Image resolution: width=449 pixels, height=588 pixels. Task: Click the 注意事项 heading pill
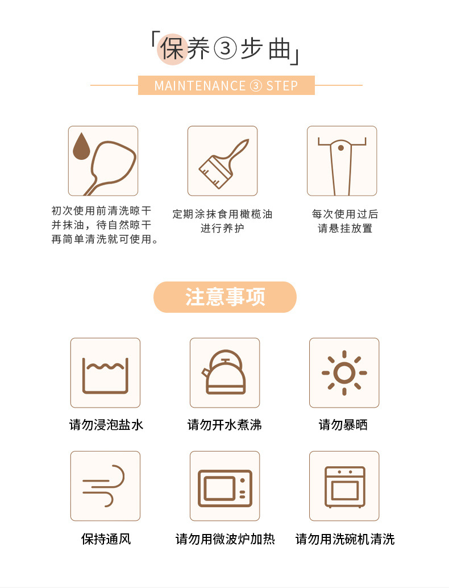tap(225, 297)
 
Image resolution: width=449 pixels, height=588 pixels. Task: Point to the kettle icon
tap(224, 372)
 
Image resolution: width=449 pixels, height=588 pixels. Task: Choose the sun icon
tap(344, 372)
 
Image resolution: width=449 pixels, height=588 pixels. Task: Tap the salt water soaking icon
tap(105, 374)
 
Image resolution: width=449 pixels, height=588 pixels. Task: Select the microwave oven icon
tap(224, 487)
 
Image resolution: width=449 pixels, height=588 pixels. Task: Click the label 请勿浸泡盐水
tap(106, 425)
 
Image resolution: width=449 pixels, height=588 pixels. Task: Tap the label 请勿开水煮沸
tap(224, 425)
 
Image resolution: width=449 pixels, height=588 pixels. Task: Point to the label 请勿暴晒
tap(343, 425)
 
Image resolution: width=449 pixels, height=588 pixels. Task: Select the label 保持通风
tap(106, 539)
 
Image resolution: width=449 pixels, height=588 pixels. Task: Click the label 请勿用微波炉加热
tap(225, 539)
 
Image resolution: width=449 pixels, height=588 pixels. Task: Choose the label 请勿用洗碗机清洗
tap(345, 539)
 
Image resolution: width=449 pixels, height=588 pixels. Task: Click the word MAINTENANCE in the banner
tap(199, 86)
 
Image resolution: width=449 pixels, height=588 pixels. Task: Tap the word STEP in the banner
tap(282, 86)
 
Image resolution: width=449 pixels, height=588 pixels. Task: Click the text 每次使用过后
tap(345, 214)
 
